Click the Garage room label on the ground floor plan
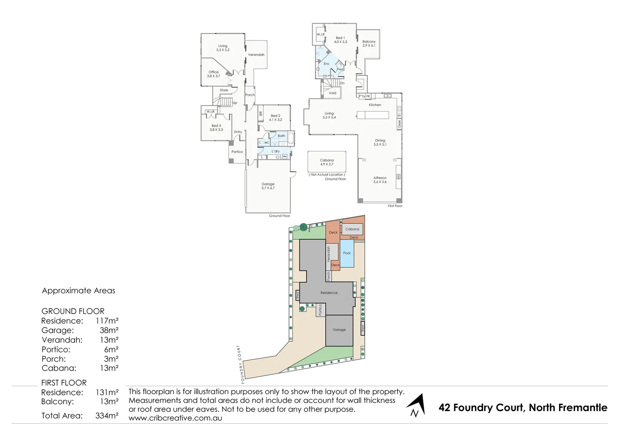tap(268, 186)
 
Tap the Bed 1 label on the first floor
tap(340, 40)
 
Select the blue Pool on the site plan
tap(347, 253)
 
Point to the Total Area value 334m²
tap(107, 416)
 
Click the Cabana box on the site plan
tap(352, 229)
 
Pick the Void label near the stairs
tap(332, 93)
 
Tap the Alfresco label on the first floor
tap(380, 180)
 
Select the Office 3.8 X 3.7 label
tap(213, 74)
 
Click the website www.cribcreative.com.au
tap(175, 418)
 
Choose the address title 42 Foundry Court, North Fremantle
tap(523, 407)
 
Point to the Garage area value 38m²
tap(109, 330)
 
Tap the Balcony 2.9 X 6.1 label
tap(369, 43)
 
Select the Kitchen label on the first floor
tap(375, 105)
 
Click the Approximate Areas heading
tap(79, 291)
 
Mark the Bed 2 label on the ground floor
tap(275, 118)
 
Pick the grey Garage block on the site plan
tap(339, 330)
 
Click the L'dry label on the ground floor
tap(275, 151)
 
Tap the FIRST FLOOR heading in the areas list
tap(64, 383)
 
